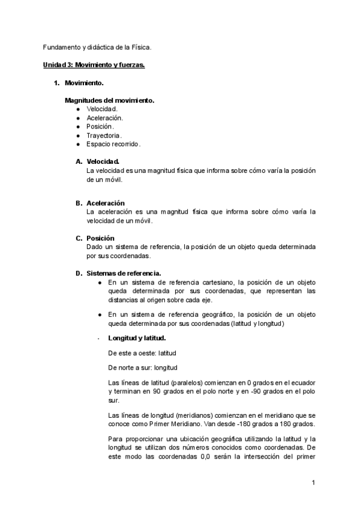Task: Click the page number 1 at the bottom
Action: point(313,483)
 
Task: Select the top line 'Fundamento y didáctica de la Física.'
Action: point(97,46)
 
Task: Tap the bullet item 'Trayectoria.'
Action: point(104,136)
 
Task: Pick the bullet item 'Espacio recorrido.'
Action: point(113,145)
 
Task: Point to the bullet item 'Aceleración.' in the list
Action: point(104,118)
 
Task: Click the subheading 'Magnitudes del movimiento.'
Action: point(109,100)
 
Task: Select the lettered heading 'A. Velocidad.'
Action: point(103,161)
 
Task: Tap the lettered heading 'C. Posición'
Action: point(100,238)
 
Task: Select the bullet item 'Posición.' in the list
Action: point(100,127)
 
